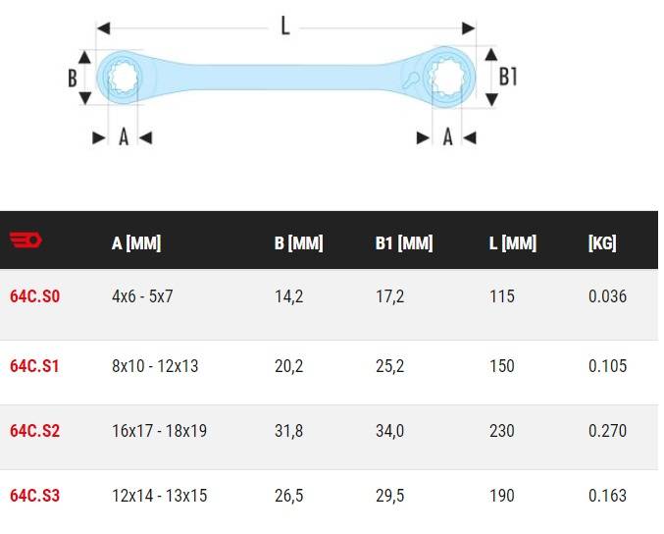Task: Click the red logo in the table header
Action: (x=26, y=240)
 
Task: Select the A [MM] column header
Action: (x=136, y=243)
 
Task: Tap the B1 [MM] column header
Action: (x=404, y=243)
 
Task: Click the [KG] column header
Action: (x=602, y=243)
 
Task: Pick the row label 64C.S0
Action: (x=34, y=296)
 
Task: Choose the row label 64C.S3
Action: (x=34, y=496)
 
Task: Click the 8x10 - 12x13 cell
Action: (x=155, y=366)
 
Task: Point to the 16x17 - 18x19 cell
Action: (x=159, y=431)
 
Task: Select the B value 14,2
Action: (x=288, y=296)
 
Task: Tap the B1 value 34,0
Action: (x=390, y=431)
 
